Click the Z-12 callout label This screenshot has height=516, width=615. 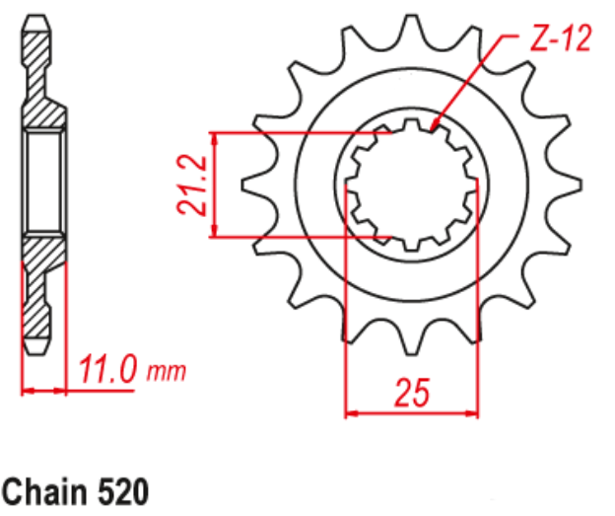click(x=558, y=40)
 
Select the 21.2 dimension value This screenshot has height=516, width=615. click(x=193, y=184)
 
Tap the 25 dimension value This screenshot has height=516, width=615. click(x=411, y=393)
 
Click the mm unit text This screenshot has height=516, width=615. click(x=167, y=373)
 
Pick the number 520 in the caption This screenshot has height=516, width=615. click(x=123, y=491)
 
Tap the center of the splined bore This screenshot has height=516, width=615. click(x=412, y=184)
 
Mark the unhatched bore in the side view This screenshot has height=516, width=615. click(x=43, y=184)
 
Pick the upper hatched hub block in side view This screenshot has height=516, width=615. click(x=43, y=112)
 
